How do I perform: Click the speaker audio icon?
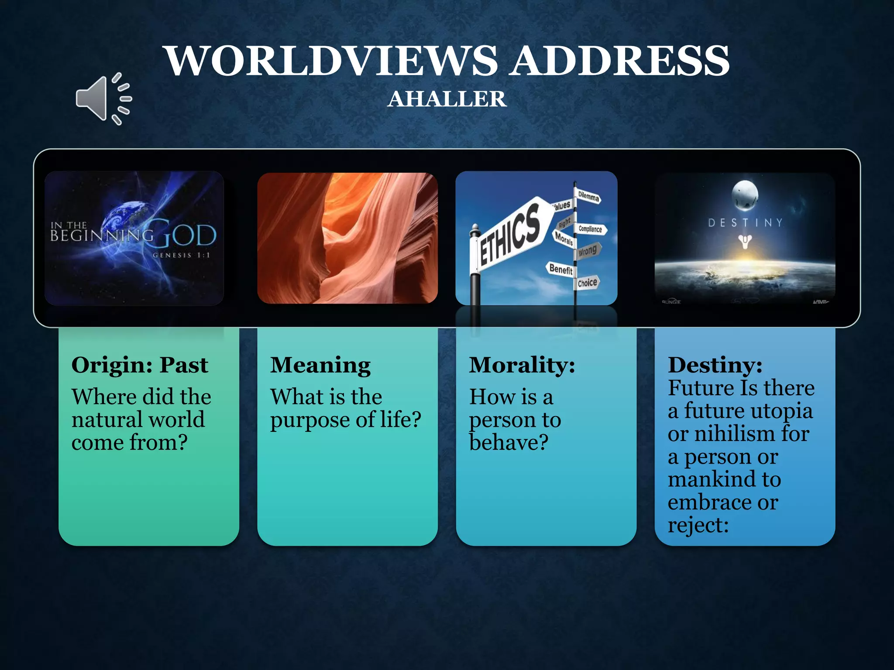pyautogui.click(x=103, y=99)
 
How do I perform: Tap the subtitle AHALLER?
pyautogui.click(x=447, y=99)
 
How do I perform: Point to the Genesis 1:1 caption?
pyautogui.click(x=181, y=255)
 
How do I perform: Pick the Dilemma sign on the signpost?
pyautogui.click(x=588, y=197)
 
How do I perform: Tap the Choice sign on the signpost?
pyautogui.click(x=587, y=283)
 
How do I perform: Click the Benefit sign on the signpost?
pyautogui.click(x=560, y=269)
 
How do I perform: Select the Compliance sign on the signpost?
pyautogui.click(x=591, y=229)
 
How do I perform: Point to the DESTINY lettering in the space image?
pyautogui.click(x=745, y=223)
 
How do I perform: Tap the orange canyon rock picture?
pyautogui.click(x=347, y=238)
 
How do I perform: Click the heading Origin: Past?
pyautogui.click(x=140, y=365)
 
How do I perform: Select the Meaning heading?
pyautogui.click(x=320, y=365)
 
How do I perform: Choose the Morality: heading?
pyautogui.click(x=522, y=365)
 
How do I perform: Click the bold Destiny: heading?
pyautogui.click(x=715, y=365)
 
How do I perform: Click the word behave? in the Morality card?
pyautogui.click(x=509, y=442)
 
